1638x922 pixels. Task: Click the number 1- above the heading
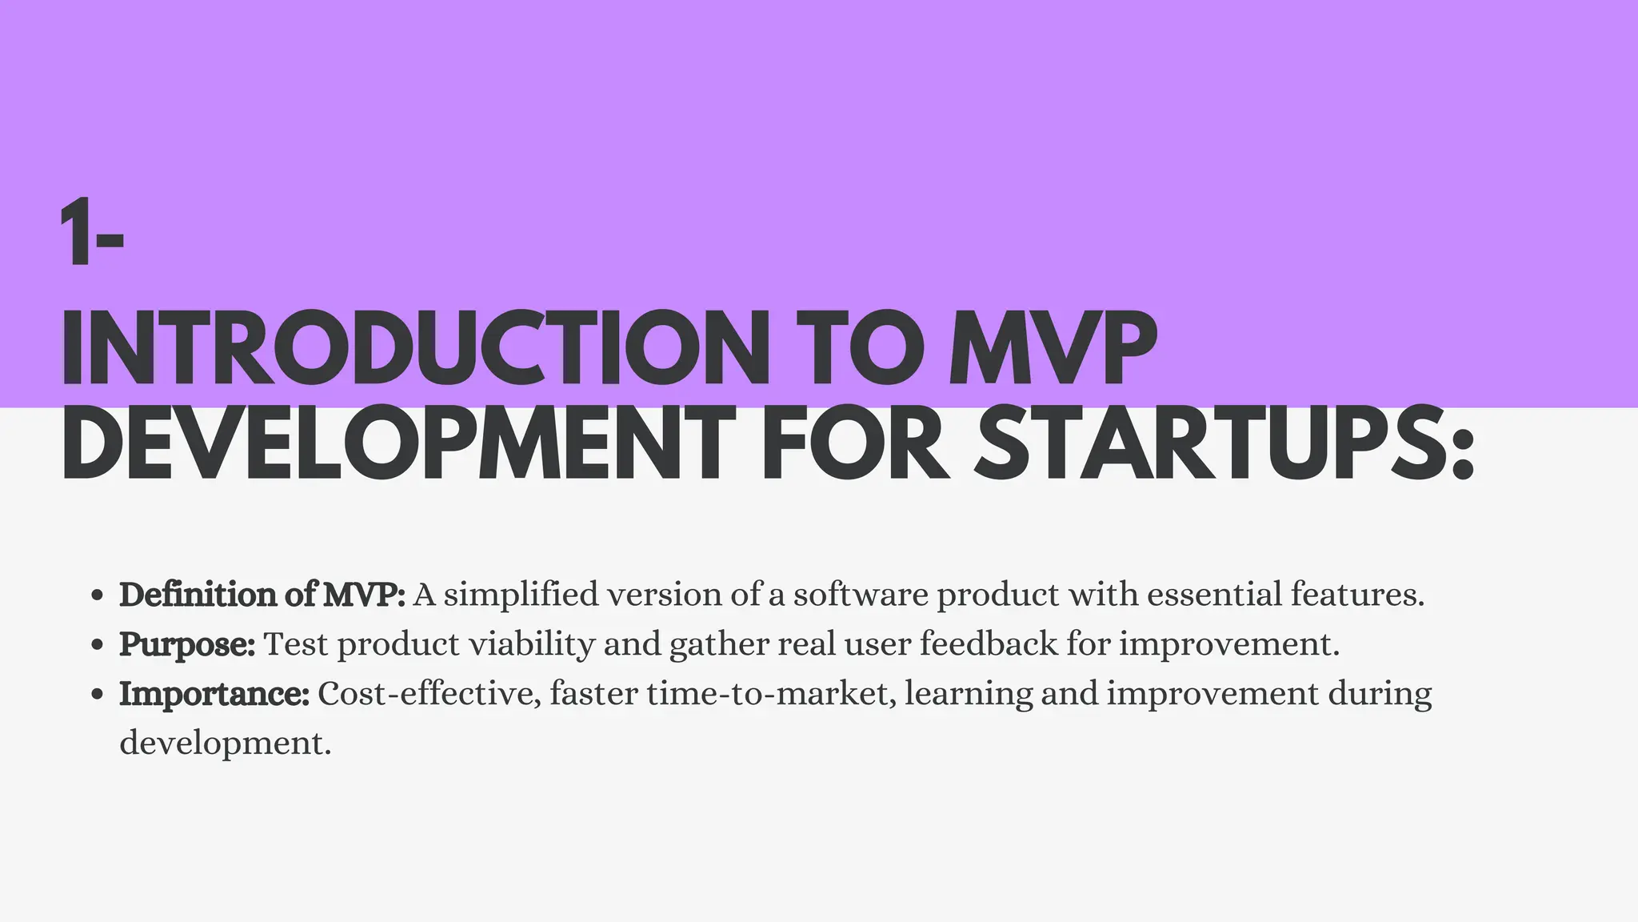(91, 234)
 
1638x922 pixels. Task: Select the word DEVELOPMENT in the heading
(398, 443)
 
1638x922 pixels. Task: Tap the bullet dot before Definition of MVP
(98, 595)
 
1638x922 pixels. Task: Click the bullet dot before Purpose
(98, 645)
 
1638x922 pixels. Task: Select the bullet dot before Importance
(98, 695)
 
